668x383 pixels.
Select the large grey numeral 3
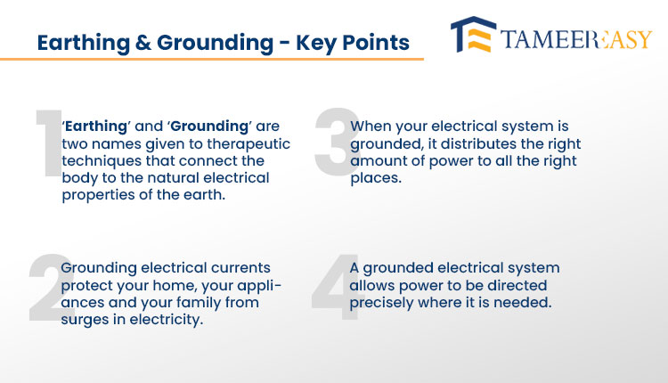pyautogui.click(x=338, y=142)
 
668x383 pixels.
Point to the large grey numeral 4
pyautogui.click(x=337, y=287)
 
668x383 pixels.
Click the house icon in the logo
pyautogui.click(x=473, y=35)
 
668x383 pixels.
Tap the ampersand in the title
pyautogui.click(x=143, y=43)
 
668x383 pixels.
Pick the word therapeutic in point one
pyautogui.click(x=248, y=144)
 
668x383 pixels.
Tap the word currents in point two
pyautogui.click(x=240, y=268)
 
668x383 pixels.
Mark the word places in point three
pyautogui.click(x=376, y=178)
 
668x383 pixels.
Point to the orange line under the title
pyautogui.click(x=212, y=59)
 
